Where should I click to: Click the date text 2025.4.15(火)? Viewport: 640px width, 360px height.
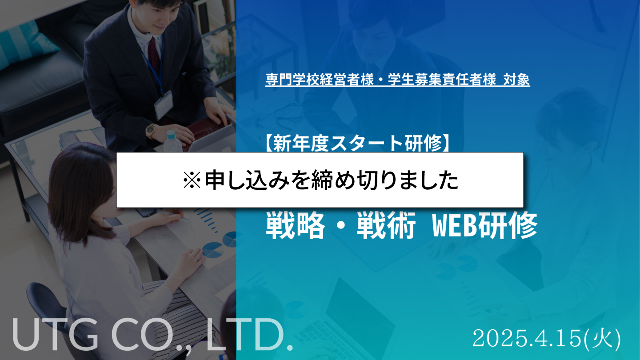coord(547,339)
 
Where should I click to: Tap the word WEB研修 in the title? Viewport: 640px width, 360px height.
coord(485,225)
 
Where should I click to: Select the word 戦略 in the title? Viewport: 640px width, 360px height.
coord(296,225)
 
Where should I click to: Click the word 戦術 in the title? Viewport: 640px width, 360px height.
coord(386,225)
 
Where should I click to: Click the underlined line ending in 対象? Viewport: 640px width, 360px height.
coord(398,80)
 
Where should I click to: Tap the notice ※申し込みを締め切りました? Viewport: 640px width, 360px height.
coord(320,180)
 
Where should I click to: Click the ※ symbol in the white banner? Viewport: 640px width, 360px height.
coord(192,180)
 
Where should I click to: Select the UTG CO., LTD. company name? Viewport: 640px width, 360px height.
coord(153,334)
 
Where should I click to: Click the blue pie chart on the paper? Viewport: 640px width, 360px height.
coord(213,250)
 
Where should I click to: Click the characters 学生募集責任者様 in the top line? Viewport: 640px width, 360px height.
coord(442,80)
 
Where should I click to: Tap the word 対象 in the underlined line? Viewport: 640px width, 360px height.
coord(516,80)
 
